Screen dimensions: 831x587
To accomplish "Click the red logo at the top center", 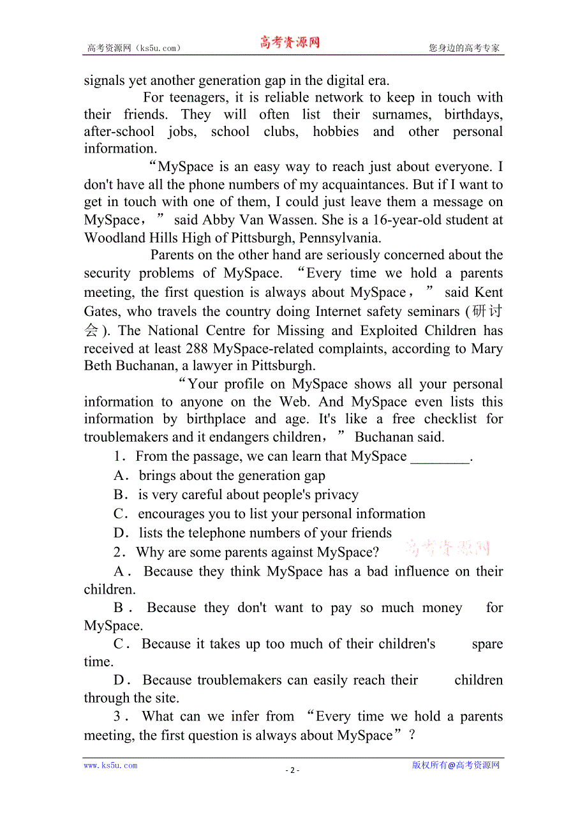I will (290, 43).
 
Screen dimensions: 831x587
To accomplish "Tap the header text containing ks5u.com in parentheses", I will (134, 48).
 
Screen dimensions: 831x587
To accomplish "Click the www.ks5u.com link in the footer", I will (110, 765).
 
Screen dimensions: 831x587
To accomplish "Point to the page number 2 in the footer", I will (292, 770).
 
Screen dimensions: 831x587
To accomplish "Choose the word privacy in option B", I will (336, 495).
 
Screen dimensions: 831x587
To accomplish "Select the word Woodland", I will (112, 238).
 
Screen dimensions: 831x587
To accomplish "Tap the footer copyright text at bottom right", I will (456, 765).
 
